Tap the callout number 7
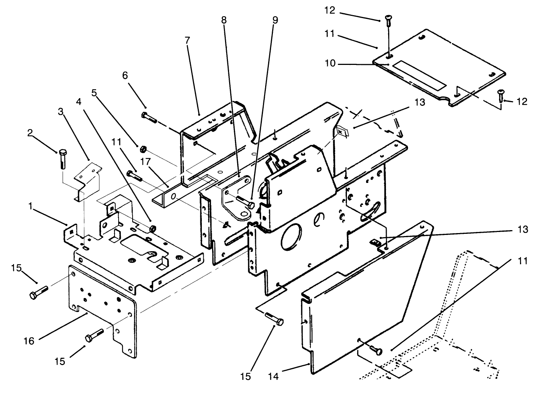187,40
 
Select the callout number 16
29,341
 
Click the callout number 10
330,63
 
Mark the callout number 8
224,20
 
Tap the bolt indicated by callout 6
149,117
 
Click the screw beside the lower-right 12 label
500,96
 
